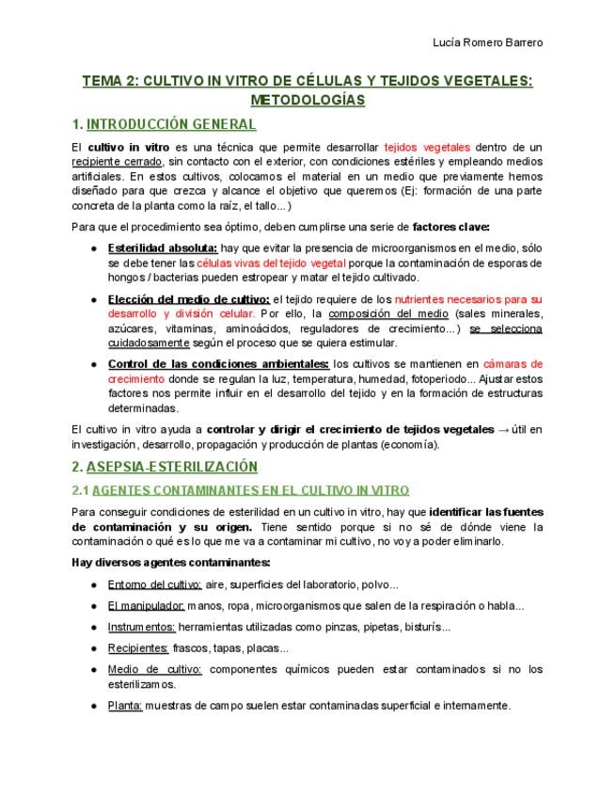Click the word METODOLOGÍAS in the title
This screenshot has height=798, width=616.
tap(308, 99)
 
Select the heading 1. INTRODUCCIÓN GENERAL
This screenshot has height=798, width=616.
tap(164, 124)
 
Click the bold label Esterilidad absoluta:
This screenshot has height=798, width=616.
tap(163, 247)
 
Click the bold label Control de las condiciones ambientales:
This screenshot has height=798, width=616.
tap(218, 364)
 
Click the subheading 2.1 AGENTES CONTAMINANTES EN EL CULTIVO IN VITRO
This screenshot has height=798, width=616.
tap(240, 490)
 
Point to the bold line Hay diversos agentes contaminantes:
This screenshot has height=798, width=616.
tap(170, 563)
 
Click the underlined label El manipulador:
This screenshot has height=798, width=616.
tap(146, 605)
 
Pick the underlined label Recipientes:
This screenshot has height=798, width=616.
tap(138, 647)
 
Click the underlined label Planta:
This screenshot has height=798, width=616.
tap(125, 705)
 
